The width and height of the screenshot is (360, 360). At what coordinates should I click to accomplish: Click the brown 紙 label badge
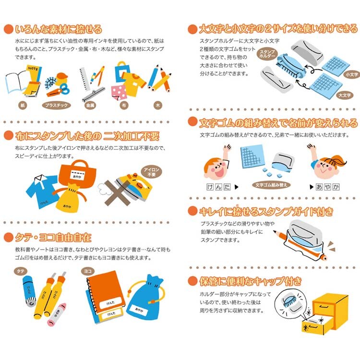23,106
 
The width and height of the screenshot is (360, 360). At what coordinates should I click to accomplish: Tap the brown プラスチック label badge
56,106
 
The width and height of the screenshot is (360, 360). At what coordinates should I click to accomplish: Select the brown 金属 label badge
90,106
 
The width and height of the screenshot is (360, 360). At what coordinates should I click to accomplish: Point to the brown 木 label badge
158,106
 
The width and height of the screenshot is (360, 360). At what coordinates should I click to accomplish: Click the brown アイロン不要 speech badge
151,172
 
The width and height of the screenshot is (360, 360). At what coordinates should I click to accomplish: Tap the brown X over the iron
118,193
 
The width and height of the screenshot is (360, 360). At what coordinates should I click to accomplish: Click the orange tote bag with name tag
77,174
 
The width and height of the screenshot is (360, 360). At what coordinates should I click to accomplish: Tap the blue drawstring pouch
145,298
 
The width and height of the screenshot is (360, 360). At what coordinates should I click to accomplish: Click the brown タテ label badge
21,271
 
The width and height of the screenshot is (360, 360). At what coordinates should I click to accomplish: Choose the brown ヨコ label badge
87,271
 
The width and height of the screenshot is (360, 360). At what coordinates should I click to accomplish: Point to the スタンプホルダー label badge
267,54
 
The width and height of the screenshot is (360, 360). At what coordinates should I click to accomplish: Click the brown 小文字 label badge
352,74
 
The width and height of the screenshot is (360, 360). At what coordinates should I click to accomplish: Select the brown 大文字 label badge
345,96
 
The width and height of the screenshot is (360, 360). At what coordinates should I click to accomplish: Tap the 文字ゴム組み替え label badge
271,185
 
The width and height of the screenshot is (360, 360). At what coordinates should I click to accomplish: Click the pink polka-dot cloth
119,92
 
